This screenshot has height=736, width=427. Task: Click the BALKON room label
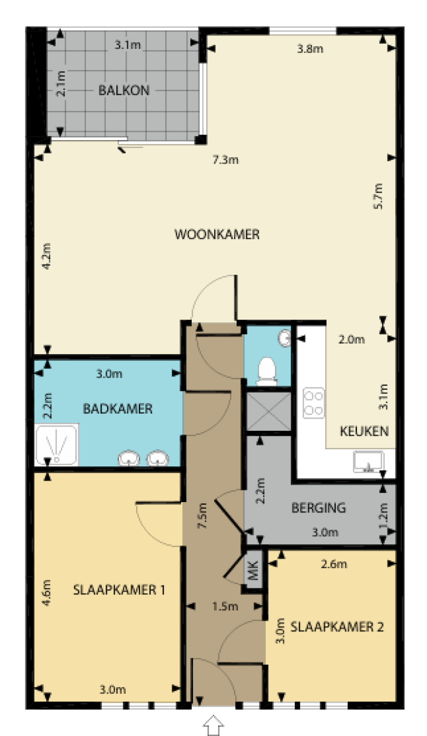pos(123,90)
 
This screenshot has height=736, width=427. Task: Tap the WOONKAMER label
pos(217,234)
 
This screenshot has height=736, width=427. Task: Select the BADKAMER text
pos(117,409)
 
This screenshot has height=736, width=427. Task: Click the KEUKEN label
pos(364,431)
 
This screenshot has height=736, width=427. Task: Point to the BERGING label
pos(319,508)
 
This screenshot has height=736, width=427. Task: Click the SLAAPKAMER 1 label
pos(118,590)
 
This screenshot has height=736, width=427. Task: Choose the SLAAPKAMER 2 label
pos(337,627)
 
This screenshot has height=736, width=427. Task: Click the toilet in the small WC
pos(267,371)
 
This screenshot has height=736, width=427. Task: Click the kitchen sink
pos(368,461)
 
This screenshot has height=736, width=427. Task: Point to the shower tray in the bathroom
pos(56,445)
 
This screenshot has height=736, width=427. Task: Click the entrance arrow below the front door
pos(214,724)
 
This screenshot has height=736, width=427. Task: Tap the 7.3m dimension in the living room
pos(225,161)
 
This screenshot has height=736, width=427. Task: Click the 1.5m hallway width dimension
pos(225,606)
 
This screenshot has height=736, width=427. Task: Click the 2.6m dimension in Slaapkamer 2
pos(334,565)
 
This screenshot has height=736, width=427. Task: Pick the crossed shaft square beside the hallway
pos(268,412)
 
